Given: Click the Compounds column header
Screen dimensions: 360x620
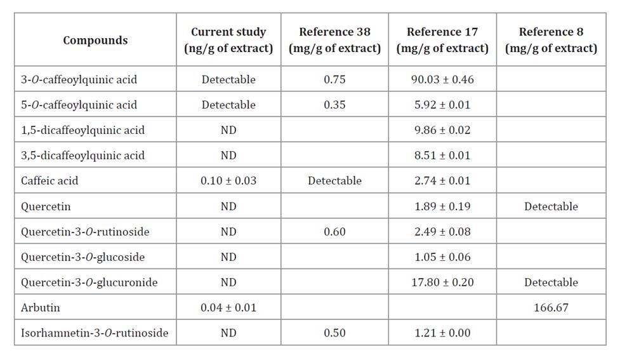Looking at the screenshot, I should click(95, 40).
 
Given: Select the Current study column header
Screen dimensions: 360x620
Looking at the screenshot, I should click(228, 40).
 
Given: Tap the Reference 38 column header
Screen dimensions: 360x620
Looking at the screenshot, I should click(334, 40).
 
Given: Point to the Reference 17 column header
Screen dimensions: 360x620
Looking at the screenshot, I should click(442, 40).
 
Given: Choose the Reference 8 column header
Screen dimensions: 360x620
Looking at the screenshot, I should click(551, 40).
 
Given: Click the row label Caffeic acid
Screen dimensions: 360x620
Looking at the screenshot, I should click(49, 181).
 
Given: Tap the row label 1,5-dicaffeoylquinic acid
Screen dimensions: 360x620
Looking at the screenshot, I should click(82, 130).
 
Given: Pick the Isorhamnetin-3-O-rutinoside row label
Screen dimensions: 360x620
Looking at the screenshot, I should click(95, 333).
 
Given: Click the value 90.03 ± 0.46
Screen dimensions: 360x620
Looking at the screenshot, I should click(442, 79).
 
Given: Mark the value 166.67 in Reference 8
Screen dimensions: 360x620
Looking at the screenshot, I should click(551, 308).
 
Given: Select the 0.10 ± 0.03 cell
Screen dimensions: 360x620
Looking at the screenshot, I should click(228, 181).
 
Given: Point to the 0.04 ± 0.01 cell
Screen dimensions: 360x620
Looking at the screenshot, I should click(228, 308).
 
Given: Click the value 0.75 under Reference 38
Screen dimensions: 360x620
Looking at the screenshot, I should click(334, 79).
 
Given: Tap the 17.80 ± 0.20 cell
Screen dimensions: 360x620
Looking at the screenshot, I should click(442, 283).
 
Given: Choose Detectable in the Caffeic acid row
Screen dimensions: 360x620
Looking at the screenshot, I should click(334, 181).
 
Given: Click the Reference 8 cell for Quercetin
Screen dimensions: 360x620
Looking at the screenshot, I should click(551, 206).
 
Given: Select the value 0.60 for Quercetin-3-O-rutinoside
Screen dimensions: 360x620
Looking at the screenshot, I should click(334, 232).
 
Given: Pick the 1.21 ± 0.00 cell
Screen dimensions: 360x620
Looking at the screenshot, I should click(442, 333).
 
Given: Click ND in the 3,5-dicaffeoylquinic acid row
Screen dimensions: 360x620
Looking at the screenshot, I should click(228, 156).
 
